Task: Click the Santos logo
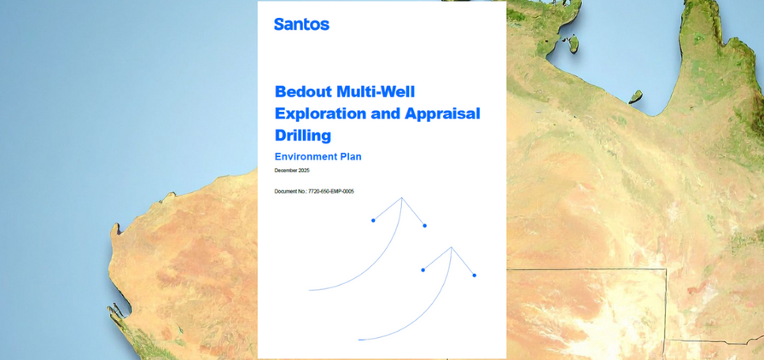301,24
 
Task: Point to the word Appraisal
440,113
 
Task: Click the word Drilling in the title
302,135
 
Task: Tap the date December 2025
292,171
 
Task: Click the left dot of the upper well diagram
373,220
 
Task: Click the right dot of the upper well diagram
424,226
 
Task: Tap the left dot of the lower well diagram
423,270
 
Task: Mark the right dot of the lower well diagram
474,276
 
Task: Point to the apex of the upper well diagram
401,198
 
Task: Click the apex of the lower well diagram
451,247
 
